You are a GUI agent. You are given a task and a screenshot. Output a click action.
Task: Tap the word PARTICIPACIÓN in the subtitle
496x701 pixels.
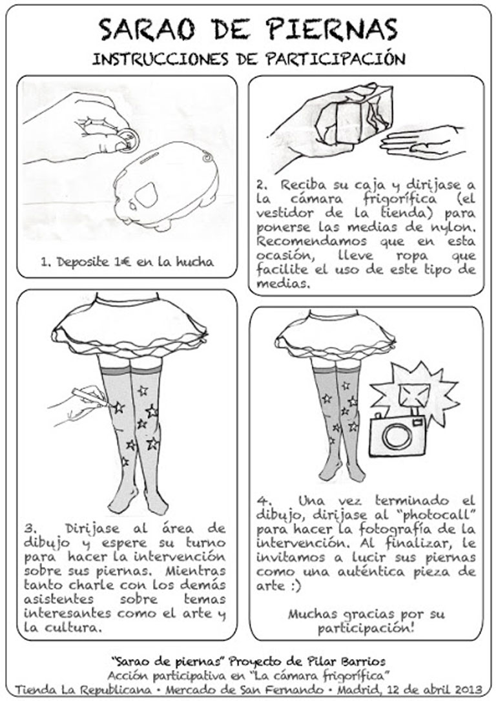tap(335, 59)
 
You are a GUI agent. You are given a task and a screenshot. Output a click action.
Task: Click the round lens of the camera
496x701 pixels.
tap(396, 437)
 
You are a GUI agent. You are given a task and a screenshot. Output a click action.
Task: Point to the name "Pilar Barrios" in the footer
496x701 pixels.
tap(348, 661)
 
